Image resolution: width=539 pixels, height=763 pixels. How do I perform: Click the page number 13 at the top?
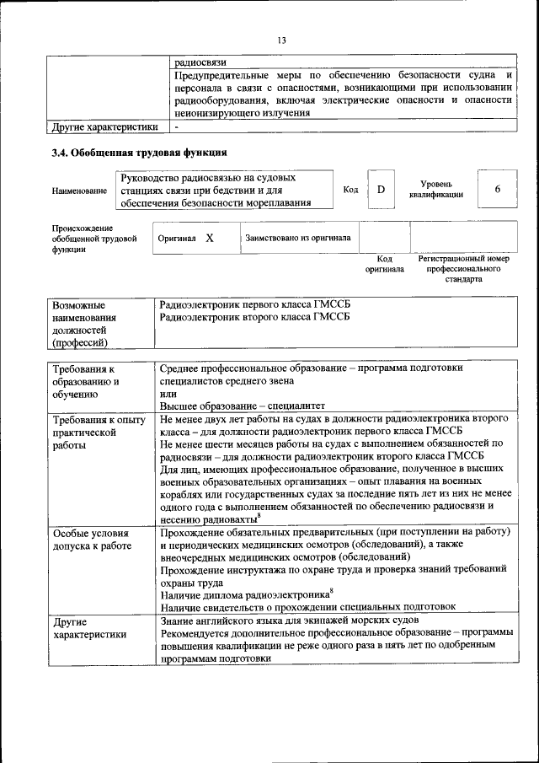coord(281,40)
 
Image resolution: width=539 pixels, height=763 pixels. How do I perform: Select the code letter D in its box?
coord(381,190)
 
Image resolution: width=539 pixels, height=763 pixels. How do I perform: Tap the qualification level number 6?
coord(497,190)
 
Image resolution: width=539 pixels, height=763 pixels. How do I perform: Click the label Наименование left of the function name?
coord(79,191)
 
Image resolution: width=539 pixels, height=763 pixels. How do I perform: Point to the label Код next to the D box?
coord(351,190)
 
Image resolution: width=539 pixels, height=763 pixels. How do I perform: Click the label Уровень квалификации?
coord(436,190)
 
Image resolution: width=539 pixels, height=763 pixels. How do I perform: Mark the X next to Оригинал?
coord(209,239)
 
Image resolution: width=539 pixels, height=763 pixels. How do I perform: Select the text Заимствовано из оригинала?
coord(298,239)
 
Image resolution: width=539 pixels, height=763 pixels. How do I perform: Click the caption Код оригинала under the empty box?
coord(384,264)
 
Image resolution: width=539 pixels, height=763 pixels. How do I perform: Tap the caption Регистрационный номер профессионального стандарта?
coord(463,268)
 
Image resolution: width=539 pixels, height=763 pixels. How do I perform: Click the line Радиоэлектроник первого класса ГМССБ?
coord(254,304)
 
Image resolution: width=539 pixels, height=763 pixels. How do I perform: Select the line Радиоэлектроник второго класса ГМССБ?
coord(254,316)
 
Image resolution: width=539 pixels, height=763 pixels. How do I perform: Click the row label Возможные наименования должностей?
coord(84,323)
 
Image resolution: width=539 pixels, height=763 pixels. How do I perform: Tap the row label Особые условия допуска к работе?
coord(91,540)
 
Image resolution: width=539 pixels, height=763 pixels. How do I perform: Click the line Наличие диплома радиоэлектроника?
coord(244,594)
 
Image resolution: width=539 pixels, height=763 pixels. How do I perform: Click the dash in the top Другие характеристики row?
coord(176,127)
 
